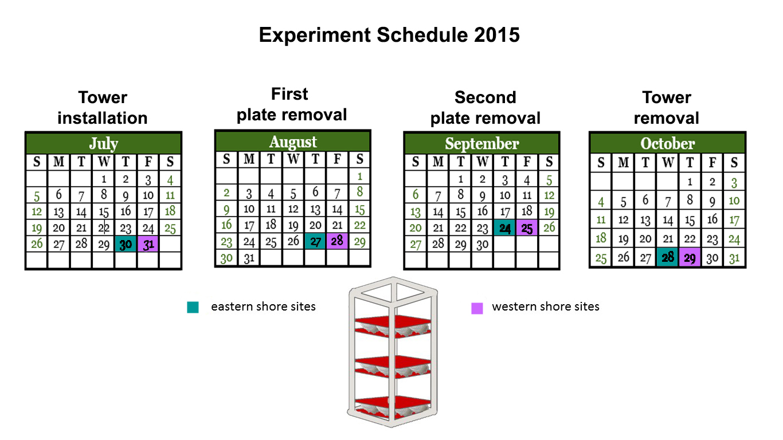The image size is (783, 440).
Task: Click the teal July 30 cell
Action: pos(126,244)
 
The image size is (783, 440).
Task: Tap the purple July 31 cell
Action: pos(148,244)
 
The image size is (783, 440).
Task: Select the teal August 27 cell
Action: pos(315,241)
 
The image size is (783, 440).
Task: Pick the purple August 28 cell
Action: pos(337,241)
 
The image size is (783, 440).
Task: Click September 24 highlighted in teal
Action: pos(504,228)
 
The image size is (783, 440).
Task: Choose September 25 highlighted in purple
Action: pos(527,228)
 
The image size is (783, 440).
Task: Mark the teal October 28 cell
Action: pos(667,257)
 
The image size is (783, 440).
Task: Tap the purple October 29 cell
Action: pos(690,257)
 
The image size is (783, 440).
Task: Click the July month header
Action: pos(104,143)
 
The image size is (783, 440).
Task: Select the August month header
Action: pos(293,142)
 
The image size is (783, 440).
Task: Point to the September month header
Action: pos(481,143)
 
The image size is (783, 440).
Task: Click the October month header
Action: pos(667,143)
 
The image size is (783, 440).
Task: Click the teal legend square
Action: pos(193,307)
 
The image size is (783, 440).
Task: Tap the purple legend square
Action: pos(477,308)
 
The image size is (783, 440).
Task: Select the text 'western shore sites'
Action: pos(545,307)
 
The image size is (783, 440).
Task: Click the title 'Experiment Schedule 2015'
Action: pos(389,35)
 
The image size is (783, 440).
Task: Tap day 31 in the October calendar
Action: pos(734,258)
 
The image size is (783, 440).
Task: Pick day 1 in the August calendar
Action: pos(359,176)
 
